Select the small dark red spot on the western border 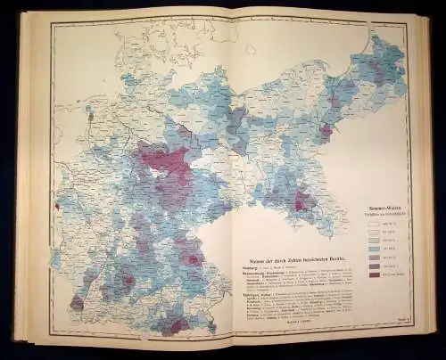click(x=58, y=207)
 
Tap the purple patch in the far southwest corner click(x=78, y=302)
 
